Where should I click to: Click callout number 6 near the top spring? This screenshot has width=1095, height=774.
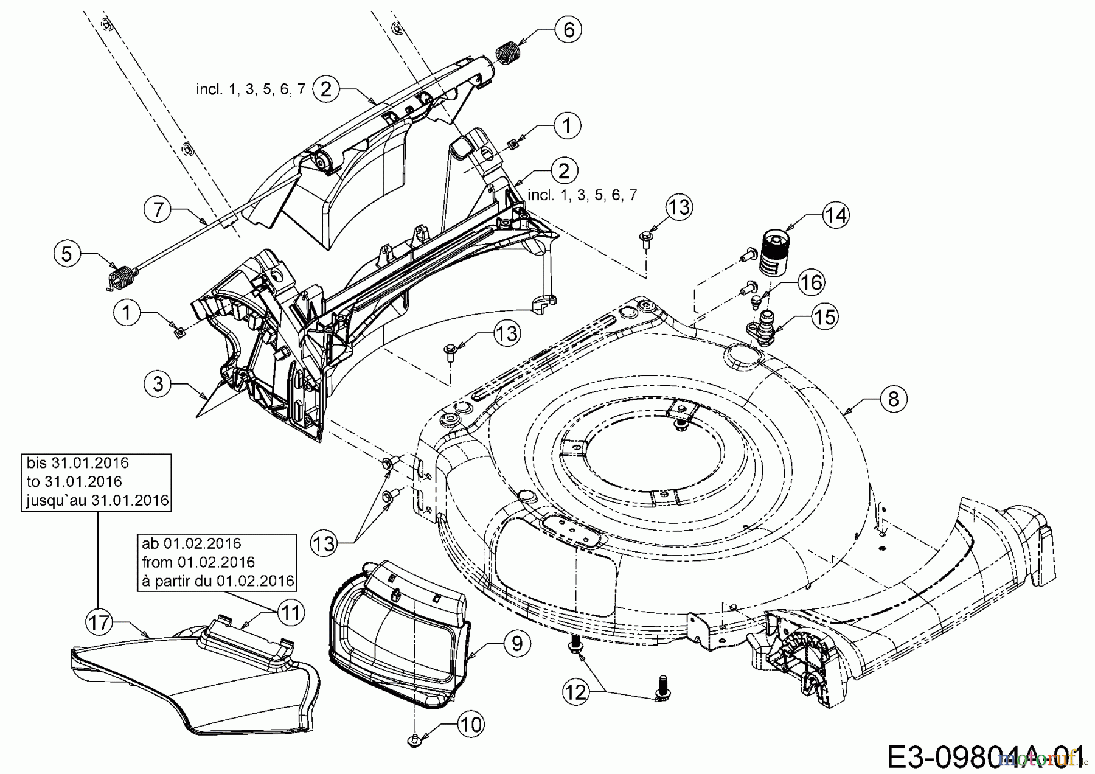(x=568, y=29)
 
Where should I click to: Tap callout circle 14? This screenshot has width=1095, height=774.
(x=836, y=215)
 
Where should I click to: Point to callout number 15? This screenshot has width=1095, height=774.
(x=824, y=316)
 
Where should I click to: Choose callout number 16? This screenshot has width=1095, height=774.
(x=810, y=282)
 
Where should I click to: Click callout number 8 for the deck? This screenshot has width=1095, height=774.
(x=893, y=399)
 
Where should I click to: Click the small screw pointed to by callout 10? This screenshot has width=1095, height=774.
(x=414, y=740)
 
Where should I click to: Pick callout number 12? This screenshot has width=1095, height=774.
(x=576, y=692)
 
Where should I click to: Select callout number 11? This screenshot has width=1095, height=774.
(x=291, y=612)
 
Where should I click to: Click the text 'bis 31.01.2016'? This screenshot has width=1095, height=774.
(x=78, y=463)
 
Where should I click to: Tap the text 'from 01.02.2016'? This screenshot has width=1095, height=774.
(x=198, y=562)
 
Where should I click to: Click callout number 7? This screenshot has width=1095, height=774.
(x=159, y=210)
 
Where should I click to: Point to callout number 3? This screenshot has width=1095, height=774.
(x=158, y=385)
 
